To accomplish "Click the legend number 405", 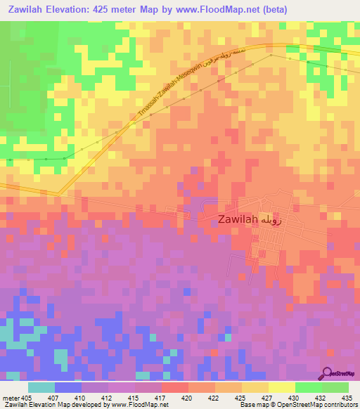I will [x=28, y=398].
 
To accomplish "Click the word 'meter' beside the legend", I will [x=11, y=398].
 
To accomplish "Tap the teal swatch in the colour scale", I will [x=41, y=387].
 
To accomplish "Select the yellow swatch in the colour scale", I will [x=282, y=387].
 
